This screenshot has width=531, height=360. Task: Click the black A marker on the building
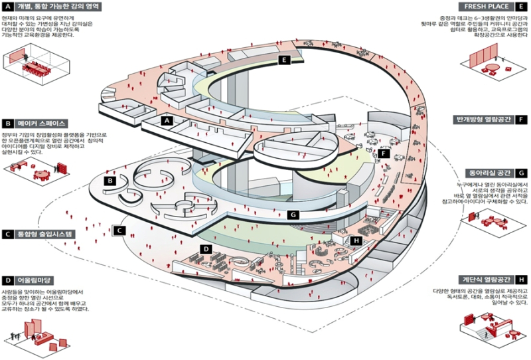(x=167, y=121)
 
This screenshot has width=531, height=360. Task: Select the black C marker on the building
(x=119, y=231)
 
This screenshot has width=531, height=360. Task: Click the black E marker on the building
(x=283, y=60)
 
